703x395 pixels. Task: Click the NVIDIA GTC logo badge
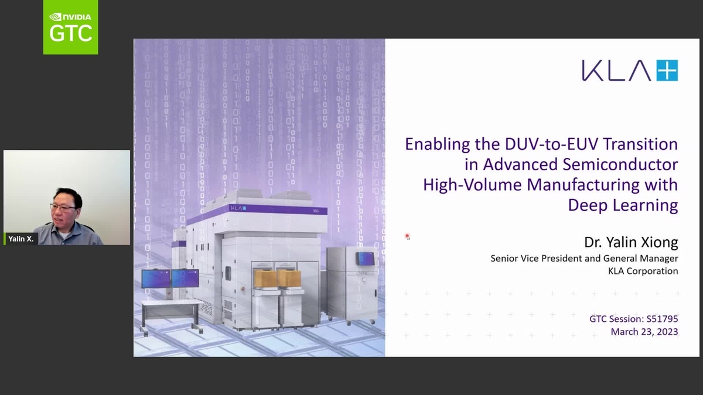tap(70, 27)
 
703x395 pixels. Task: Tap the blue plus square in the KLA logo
tap(667, 70)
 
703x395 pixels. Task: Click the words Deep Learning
tap(623, 205)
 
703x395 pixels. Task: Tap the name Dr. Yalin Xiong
tap(631, 242)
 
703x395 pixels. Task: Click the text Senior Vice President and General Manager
tap(584, 258)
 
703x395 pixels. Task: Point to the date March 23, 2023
tap(644, 332)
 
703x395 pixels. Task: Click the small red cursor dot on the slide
tap(407, 236)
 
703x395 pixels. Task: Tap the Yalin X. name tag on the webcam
tap(21, 239)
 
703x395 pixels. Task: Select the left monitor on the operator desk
tap(156, 278)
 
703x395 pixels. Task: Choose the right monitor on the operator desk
tap(185, 278)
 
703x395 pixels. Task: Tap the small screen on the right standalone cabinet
tap(366, 258)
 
